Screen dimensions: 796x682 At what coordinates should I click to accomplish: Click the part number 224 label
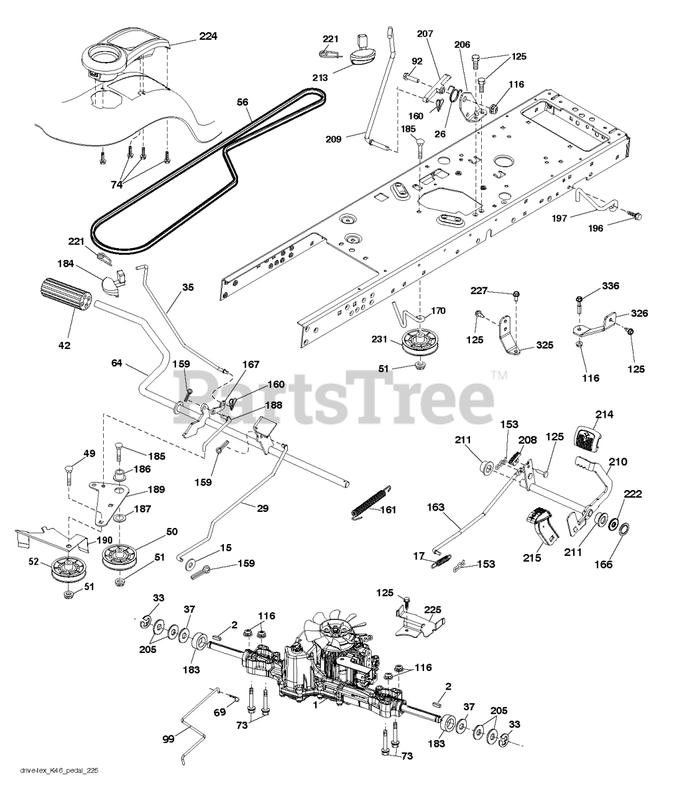tap(208, 37)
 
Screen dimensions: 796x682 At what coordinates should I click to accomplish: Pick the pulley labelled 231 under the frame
tap(418, 343)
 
